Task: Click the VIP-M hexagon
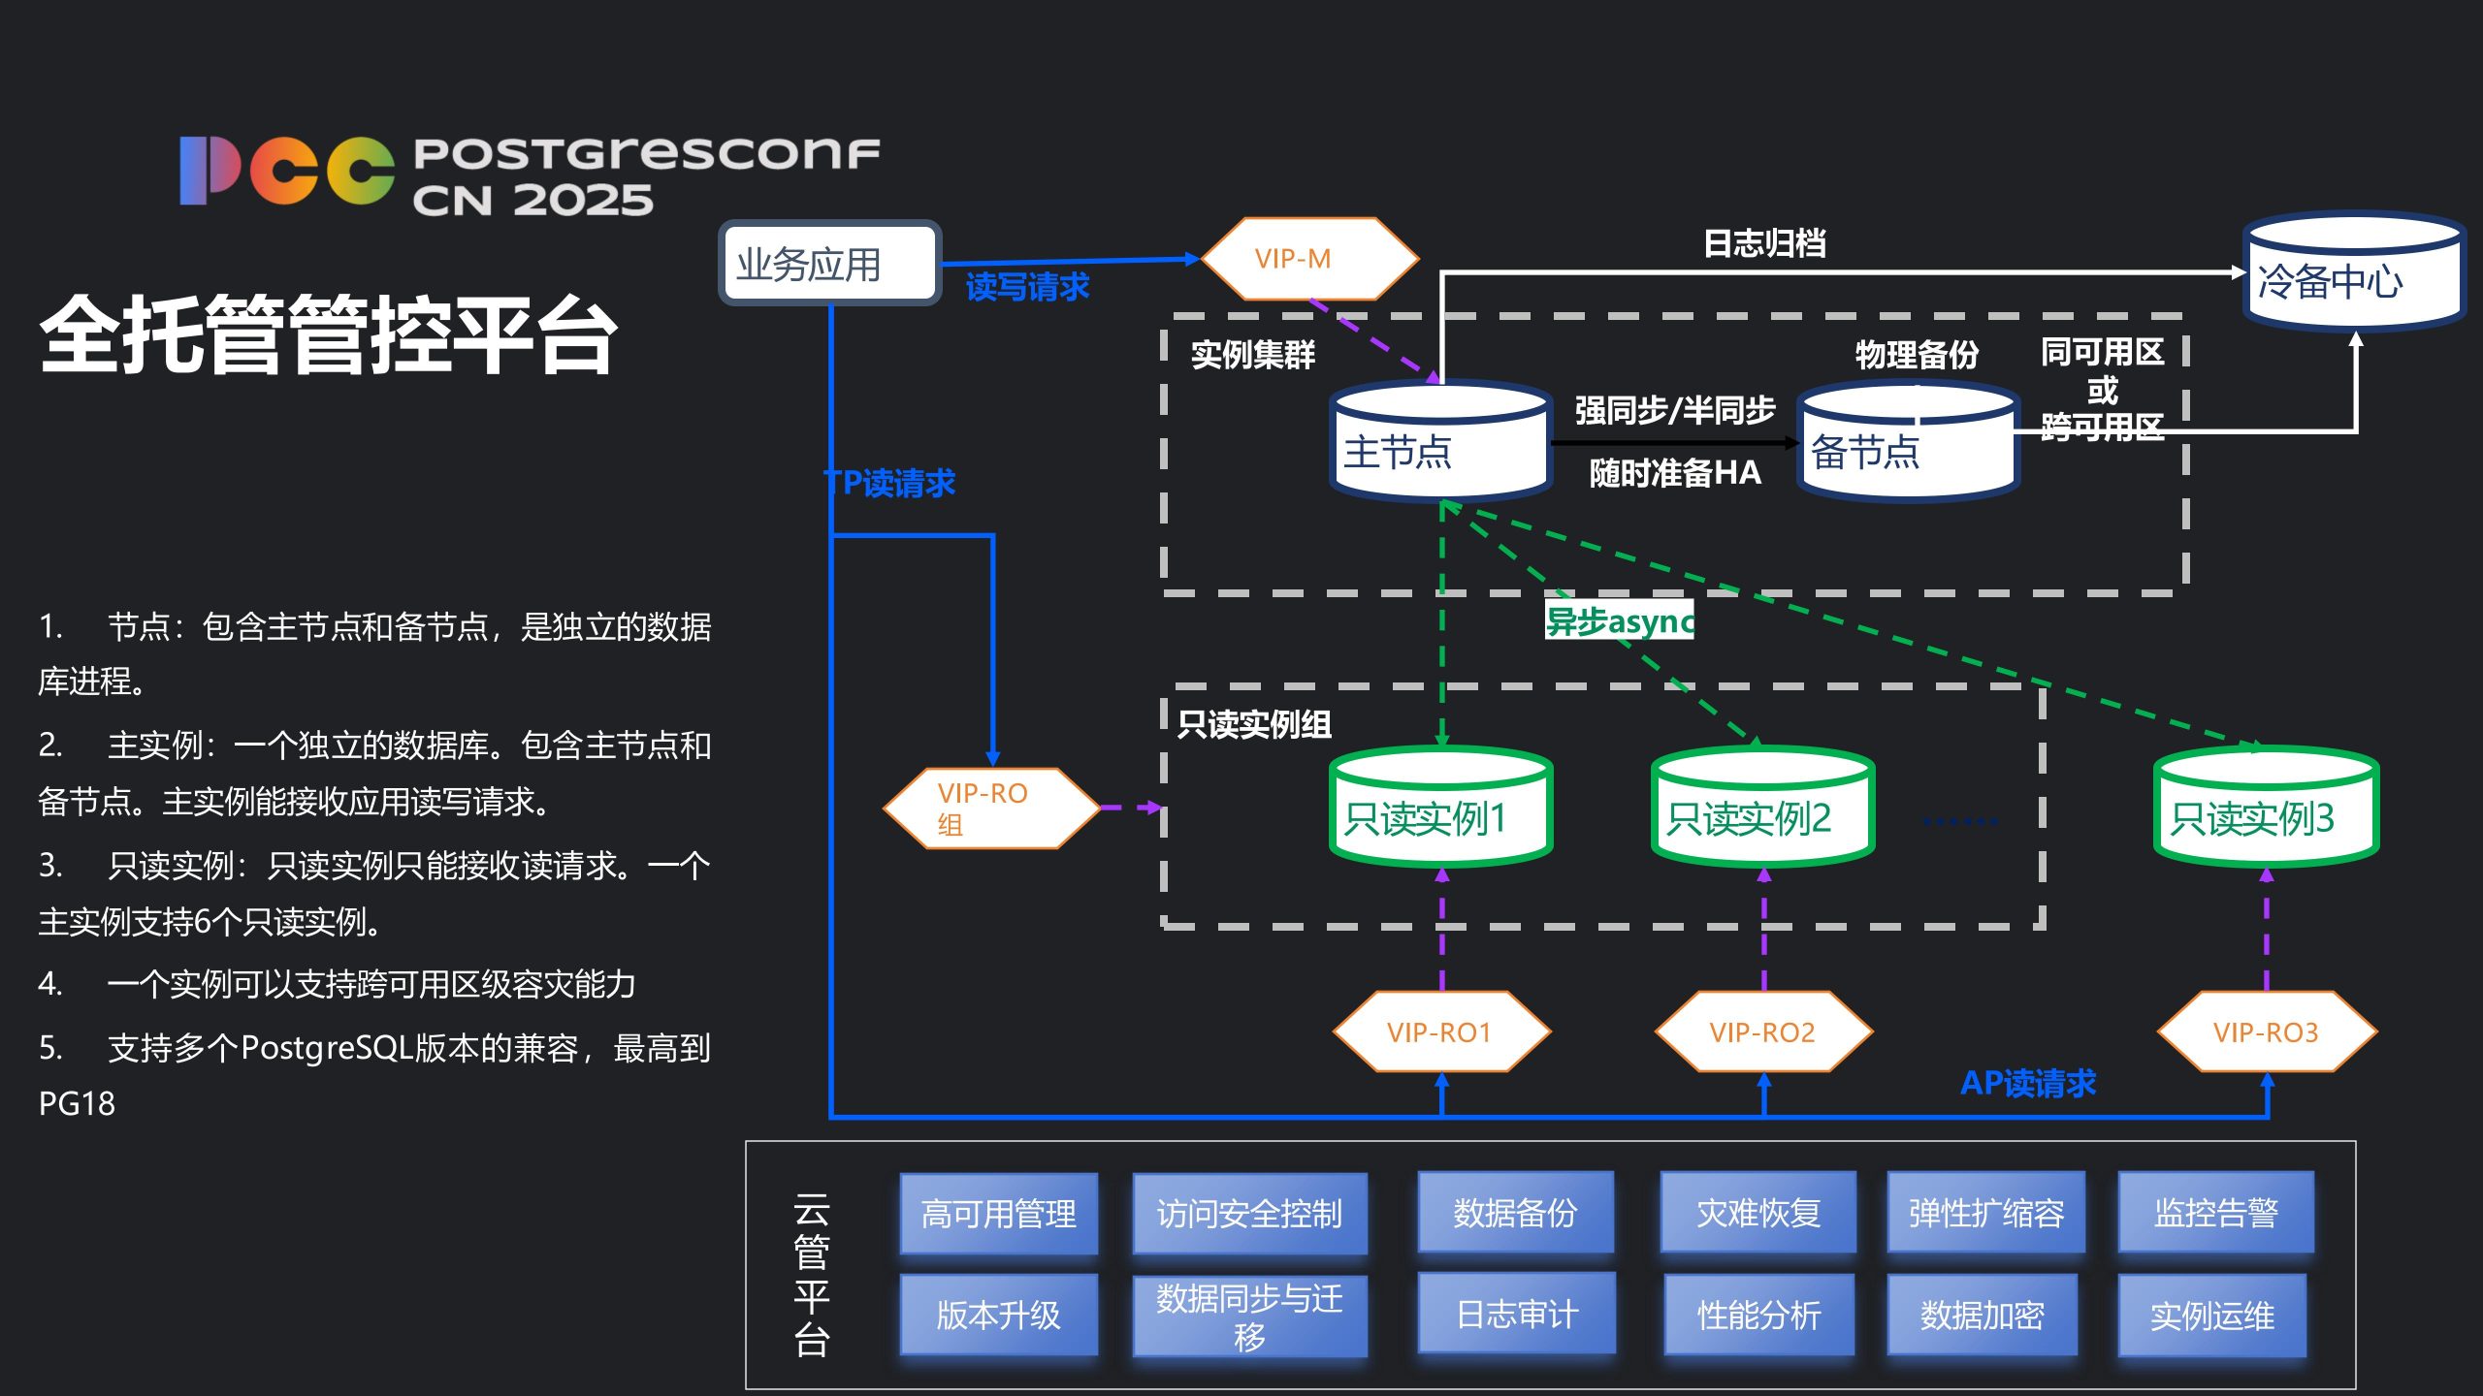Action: click(x=1309, y=259)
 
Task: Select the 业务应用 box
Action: click(x=829, y=263)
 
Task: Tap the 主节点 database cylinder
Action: click(x=1440, y=441)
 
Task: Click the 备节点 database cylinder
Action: click(x=1908, y=443)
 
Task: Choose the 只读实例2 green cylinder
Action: click(x=1762, y=807)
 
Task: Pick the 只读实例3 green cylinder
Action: click(x=2266, y=807)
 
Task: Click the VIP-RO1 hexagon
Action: click(x=1441, y=1031)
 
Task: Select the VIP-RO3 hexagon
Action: click(x=2266, y=1031)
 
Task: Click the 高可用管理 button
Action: click(x=999, y=1214)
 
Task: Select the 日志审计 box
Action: click(x=1517, y=1314)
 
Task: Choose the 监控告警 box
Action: click(x=2215, y=1213)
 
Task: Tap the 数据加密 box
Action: click(x=1983, y=1315)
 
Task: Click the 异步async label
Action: click(x=1619, y=620)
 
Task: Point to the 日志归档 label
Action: click(x=1764, y=243)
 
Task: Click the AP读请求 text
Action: click(x=2028, y=1083)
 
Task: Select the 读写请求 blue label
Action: click(x=1027, y=287)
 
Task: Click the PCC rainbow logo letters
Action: click(x=287, y=171)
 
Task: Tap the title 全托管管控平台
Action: click(x=329, y=334)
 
